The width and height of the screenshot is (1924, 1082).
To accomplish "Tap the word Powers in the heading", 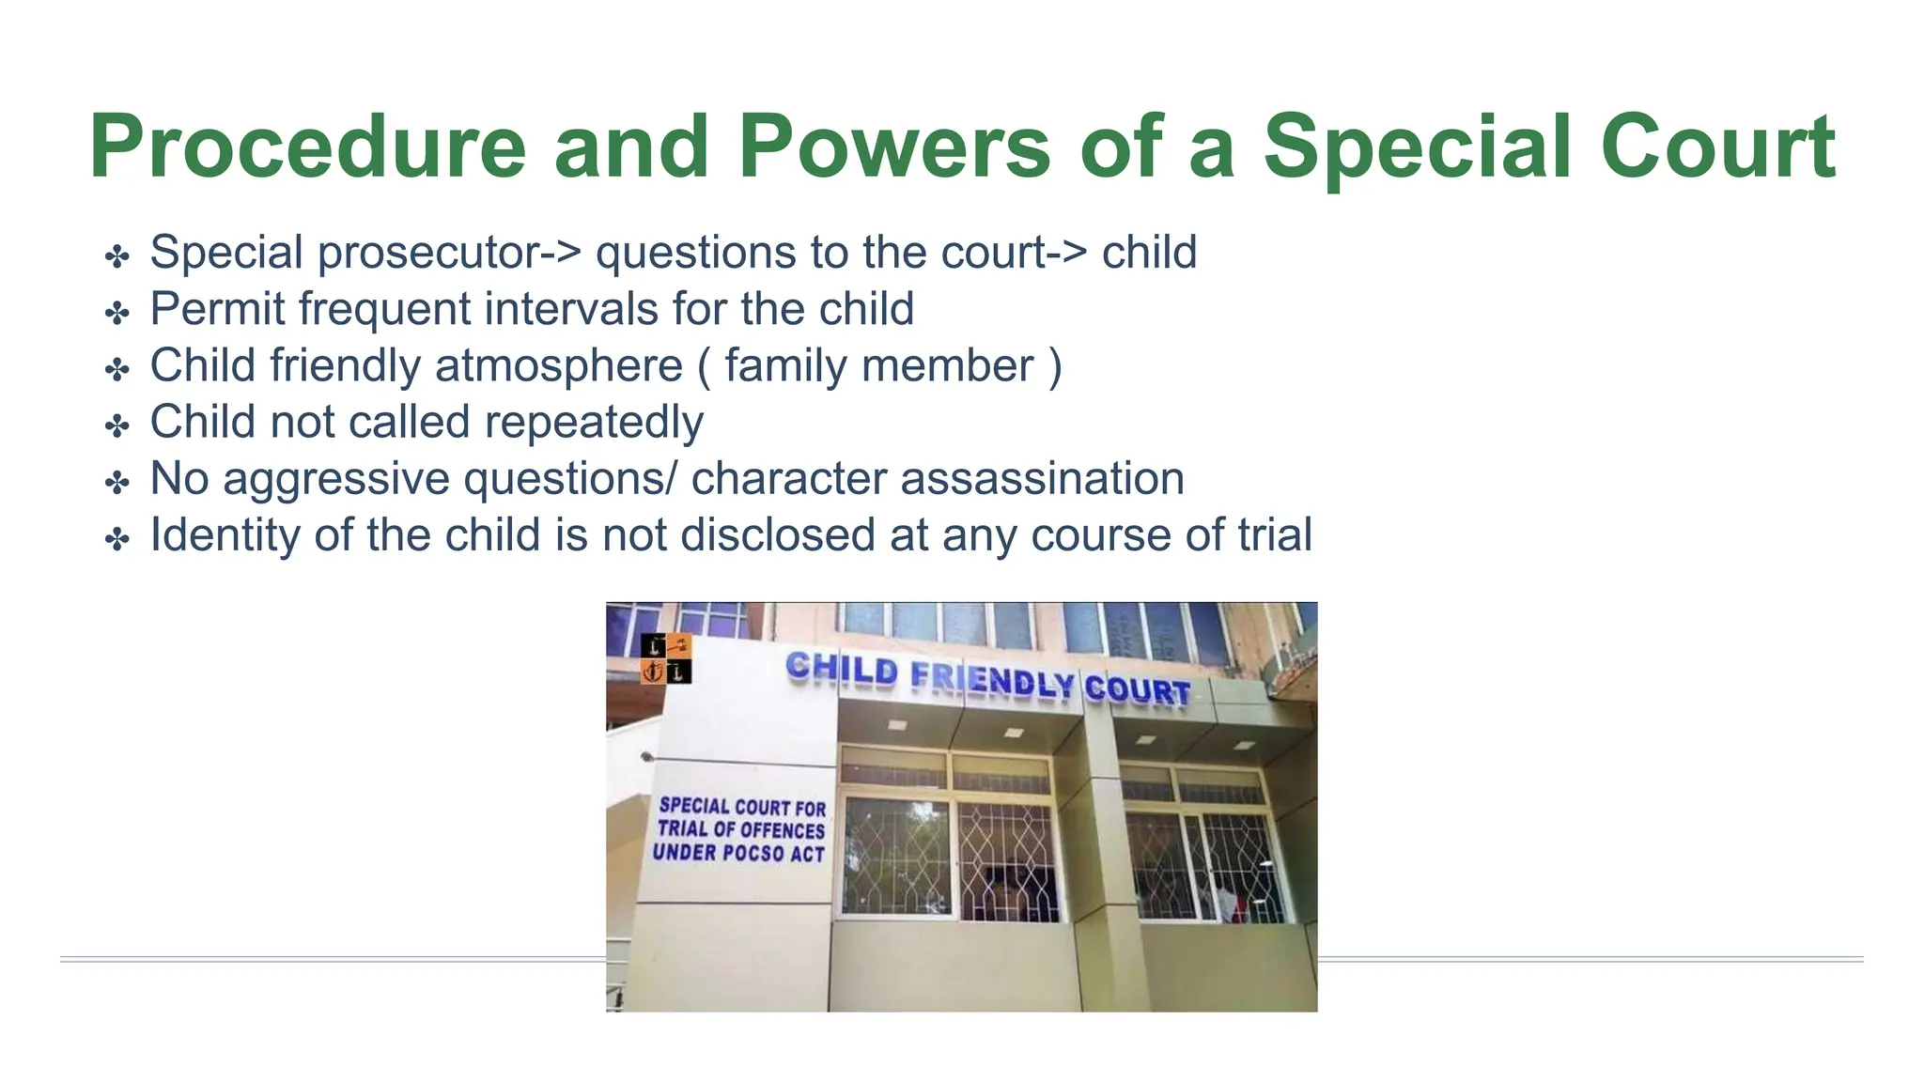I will (893, 148).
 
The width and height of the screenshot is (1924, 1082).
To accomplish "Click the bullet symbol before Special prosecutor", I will (117, 256).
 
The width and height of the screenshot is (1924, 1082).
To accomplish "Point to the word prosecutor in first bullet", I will (442, 254).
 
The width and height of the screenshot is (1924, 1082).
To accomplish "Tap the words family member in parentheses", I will (878, 366).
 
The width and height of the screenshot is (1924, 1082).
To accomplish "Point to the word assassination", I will (1042, 478).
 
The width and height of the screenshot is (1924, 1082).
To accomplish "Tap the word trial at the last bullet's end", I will (1274, 534).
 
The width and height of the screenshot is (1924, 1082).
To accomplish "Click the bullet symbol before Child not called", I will (117, 425).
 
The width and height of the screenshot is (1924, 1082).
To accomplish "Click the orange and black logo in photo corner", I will (666, 658).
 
